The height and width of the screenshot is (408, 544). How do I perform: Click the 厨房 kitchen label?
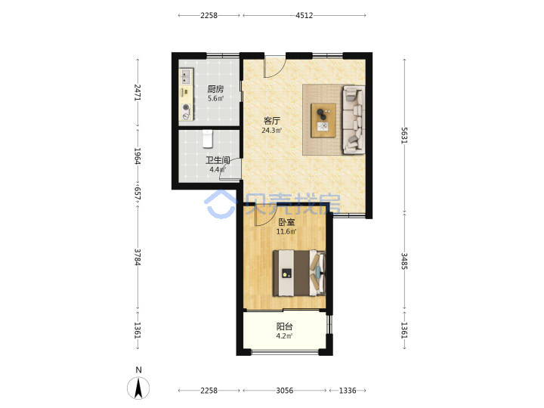pos(215,89)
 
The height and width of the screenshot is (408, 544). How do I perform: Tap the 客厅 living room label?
pos(272,121)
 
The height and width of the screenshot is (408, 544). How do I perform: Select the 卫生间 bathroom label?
pos(218,160)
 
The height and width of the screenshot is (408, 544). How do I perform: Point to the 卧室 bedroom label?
pos(286,221)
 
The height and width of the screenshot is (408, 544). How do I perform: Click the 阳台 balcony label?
pos(285,326)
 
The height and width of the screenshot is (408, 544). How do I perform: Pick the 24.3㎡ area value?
pos(272,131)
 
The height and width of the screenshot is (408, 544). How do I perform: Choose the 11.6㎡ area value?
pos(286,231)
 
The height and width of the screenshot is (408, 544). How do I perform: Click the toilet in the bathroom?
pos(208,138)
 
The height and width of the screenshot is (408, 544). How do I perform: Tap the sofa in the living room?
pos(354,119)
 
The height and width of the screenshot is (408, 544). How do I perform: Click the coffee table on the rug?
pos(323,120)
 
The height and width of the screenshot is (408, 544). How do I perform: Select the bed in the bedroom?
pos(299,274)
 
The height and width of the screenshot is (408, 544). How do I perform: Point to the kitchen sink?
pos(186,76)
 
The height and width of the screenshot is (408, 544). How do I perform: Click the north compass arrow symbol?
pos(138,388)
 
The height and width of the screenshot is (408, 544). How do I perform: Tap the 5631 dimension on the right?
pos(404,135)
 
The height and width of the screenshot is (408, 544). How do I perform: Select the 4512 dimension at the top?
pos(304,15)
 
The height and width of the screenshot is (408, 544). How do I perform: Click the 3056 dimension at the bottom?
pos(285,391)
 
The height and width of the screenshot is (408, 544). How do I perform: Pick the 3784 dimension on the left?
pos(138,257)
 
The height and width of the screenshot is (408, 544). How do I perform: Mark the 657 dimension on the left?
pos(138,193)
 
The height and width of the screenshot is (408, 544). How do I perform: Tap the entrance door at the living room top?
pos(275,67)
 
